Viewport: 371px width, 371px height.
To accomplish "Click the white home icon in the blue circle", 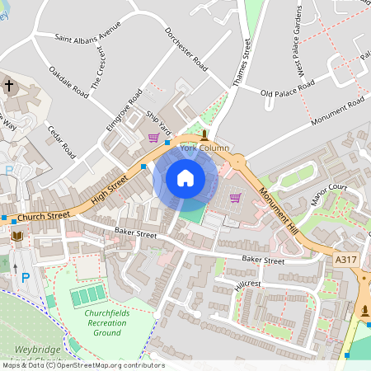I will pos(185,178).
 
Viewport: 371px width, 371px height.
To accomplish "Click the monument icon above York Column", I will pos(204,134).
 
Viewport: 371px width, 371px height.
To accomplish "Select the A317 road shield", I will pos(348,259).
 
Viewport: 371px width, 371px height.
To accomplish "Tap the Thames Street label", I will pos(240,62).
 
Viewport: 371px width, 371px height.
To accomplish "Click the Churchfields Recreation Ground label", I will pos(105,322).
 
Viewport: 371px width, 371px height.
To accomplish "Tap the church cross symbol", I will pos(9,86).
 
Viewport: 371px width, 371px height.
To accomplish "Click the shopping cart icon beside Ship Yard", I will pos(153,138).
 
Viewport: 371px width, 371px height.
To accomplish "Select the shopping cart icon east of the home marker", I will pos(235,198).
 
